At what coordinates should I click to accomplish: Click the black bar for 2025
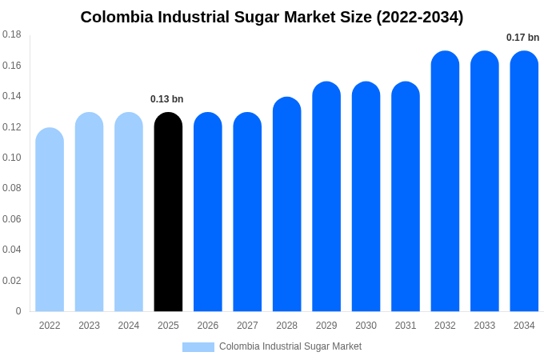(168, 212)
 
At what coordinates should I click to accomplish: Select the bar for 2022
(50, 220)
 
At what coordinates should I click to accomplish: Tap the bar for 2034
(524, 182)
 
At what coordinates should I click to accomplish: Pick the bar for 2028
(287, 205)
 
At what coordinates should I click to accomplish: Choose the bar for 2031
(406, 197)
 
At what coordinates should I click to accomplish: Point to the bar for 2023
(89, 212)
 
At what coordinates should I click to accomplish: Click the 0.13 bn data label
(167, 99)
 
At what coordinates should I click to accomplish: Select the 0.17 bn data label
(522, 38)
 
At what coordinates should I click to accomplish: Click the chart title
(272, 17)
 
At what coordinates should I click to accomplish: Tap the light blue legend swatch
(198, 346)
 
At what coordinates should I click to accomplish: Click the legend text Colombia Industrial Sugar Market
(290, 346)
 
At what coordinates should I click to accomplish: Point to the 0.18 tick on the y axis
(12, 34)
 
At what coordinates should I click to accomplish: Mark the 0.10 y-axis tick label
(12, 158)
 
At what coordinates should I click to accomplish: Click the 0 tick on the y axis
(18, 311)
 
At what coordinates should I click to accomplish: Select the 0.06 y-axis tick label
(12, 219)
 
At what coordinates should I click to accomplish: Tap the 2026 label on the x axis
(208, 326)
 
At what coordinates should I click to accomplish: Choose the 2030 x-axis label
(366, 326)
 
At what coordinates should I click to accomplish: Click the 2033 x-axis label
(485, 326)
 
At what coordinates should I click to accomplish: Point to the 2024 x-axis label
(129, 326)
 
